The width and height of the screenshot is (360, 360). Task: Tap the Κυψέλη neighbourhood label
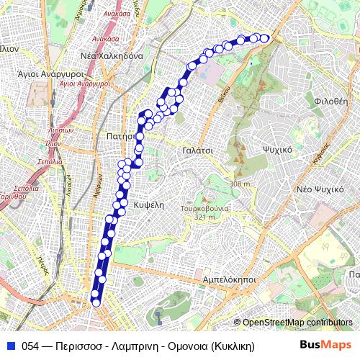click(150, 204)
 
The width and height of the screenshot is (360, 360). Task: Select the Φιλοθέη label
click(331, 102)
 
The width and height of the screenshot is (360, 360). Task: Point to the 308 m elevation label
click(240, 184)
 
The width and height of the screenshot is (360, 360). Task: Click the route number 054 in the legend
click(30, 345)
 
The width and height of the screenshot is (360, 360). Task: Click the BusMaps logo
click(326, 344)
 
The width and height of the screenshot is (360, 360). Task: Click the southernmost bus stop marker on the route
click(96, 302)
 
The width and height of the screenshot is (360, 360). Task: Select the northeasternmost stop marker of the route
click(264, 38)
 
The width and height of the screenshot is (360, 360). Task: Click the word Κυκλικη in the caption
click(235, 345)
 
